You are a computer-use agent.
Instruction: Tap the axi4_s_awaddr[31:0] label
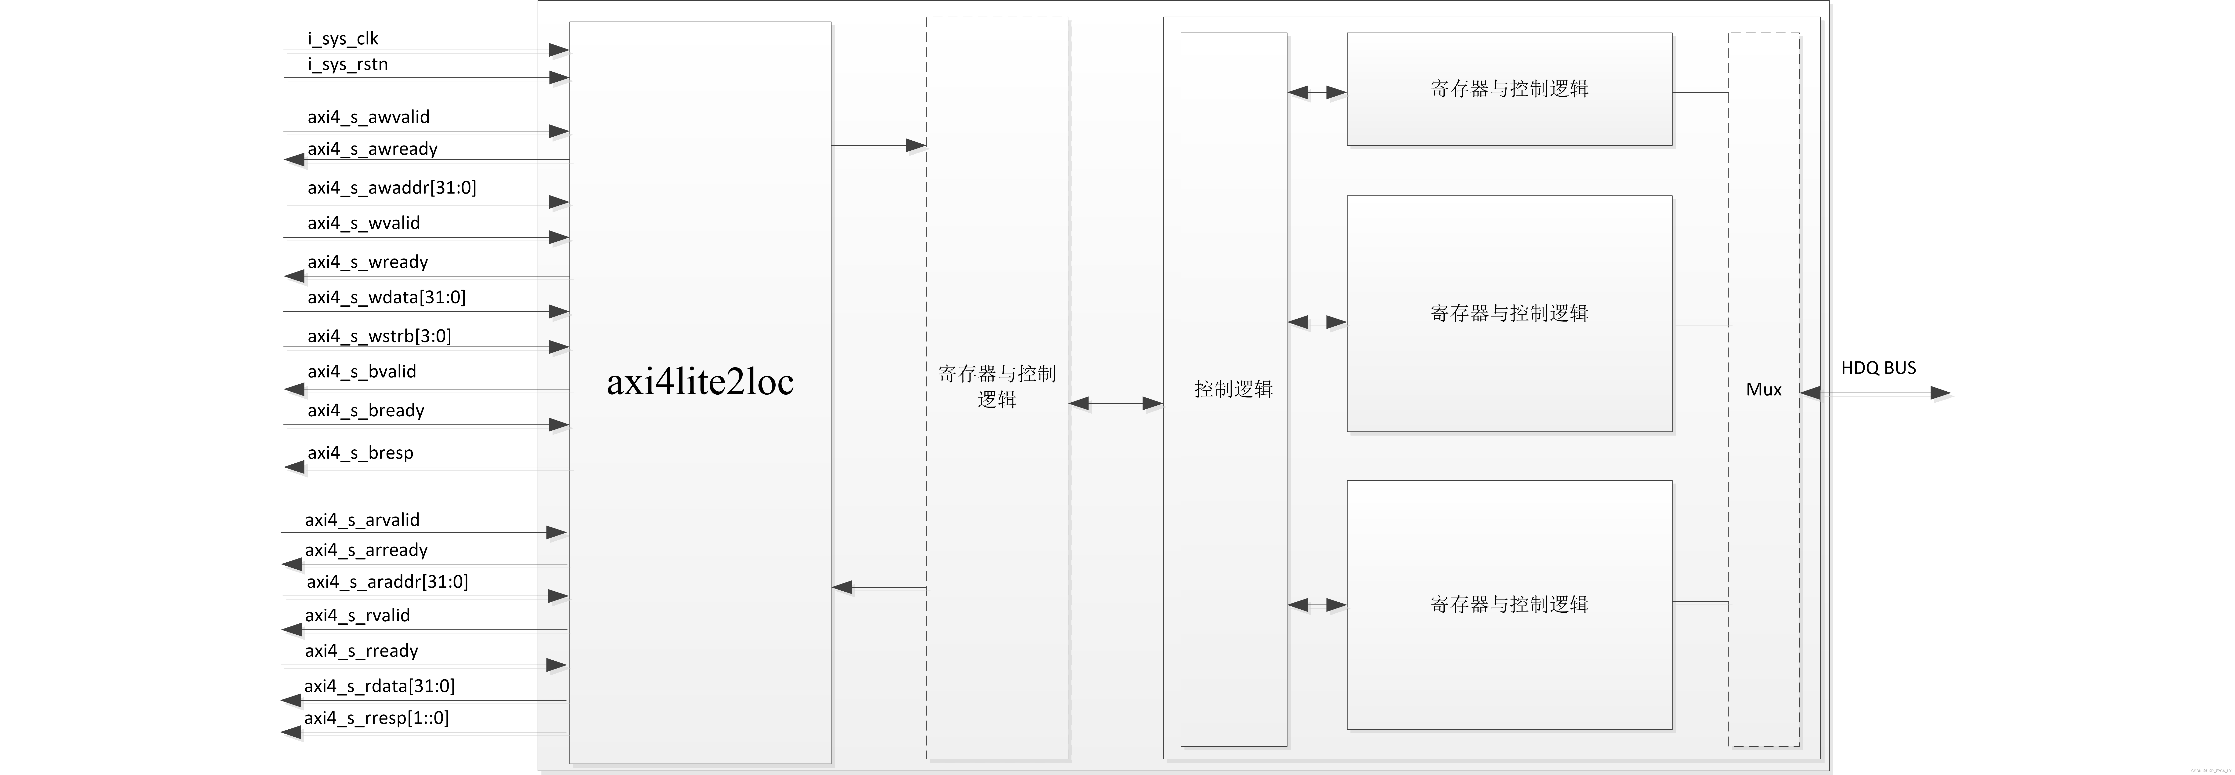[x=391, y=187]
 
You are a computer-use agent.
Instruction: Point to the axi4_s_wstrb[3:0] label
[x=379, y=336]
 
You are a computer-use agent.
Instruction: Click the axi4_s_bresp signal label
[x=360, y=452]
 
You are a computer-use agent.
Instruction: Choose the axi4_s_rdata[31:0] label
[x=379, y=686]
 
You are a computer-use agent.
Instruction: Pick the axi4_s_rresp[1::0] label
[x=376, y=718]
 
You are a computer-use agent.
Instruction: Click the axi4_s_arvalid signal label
[x=362, y=520]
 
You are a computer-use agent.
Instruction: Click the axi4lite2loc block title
[x=699, y=382]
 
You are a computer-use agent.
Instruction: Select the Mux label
[x=1763, y=390]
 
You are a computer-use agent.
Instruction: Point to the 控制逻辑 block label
[x=1233, y=389]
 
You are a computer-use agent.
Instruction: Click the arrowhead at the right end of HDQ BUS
[x=1940, y=393]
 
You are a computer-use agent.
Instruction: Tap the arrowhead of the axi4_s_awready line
[x=295, y=160]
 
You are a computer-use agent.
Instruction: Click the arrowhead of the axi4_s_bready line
[x=558, y=424]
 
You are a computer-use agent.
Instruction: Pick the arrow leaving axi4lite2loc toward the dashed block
[x=915, y=145]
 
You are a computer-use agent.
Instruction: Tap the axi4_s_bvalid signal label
[x=362, y=371]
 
